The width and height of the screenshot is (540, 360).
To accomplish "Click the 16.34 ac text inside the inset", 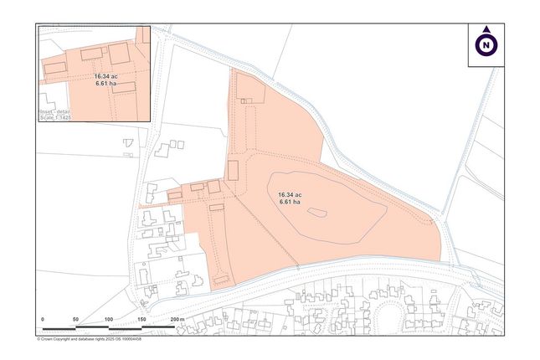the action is coord(105,75).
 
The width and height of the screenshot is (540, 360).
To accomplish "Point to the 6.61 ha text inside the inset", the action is coord(105,83).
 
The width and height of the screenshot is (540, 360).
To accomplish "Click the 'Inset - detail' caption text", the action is coord(56,111).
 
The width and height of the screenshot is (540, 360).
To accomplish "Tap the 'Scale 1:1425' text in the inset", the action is coord(57,118).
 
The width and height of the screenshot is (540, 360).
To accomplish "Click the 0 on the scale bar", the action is coord(43,320).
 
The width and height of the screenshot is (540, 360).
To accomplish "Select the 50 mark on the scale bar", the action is coord(75,320).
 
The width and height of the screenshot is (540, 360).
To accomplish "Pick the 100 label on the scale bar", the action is coord(109,320).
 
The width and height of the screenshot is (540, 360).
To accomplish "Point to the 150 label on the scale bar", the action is coord(141,320).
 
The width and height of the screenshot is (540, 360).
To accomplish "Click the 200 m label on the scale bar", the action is coord(176,320).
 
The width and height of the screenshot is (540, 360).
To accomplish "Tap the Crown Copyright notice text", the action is coord(89,339).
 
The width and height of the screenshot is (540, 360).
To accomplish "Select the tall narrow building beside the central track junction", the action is coord(233,171).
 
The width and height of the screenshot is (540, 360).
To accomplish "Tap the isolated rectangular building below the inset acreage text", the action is coord(124,87).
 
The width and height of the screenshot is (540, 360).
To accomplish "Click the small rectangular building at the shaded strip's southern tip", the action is coord(221,277).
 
